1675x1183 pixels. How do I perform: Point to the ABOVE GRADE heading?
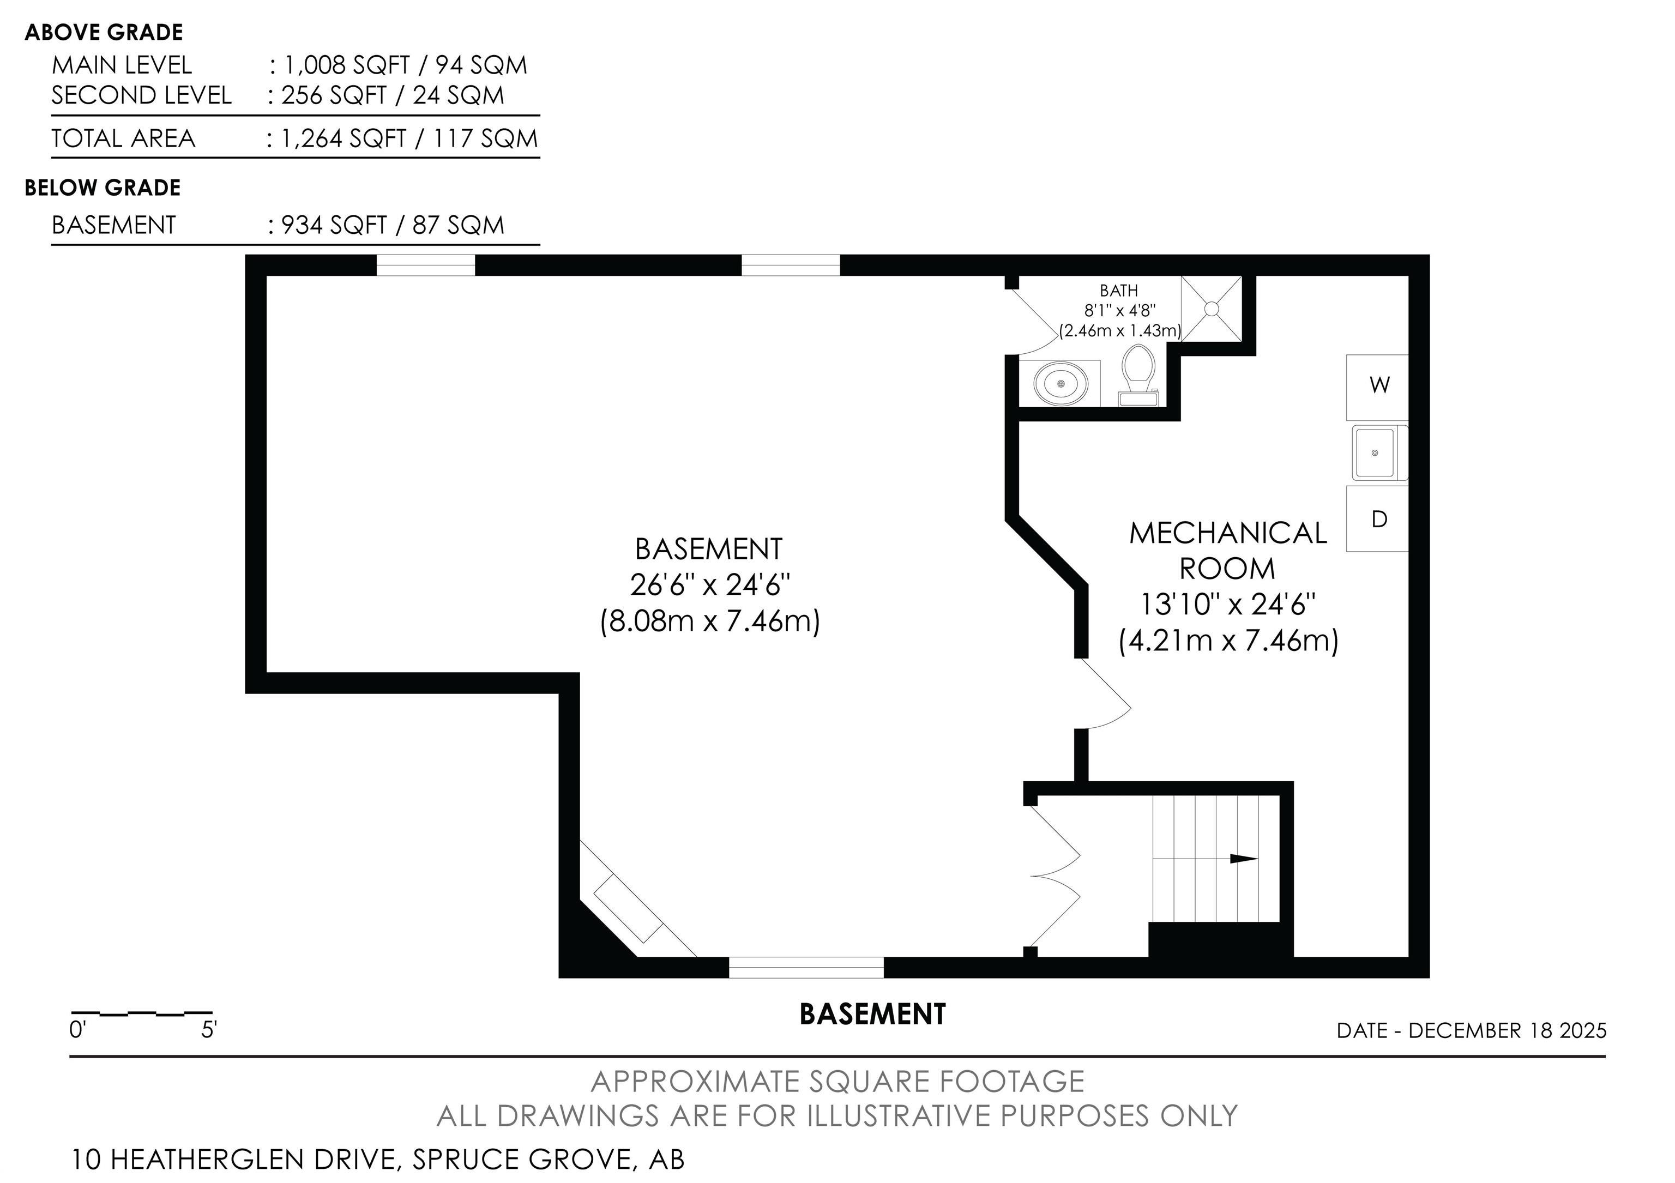104,32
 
